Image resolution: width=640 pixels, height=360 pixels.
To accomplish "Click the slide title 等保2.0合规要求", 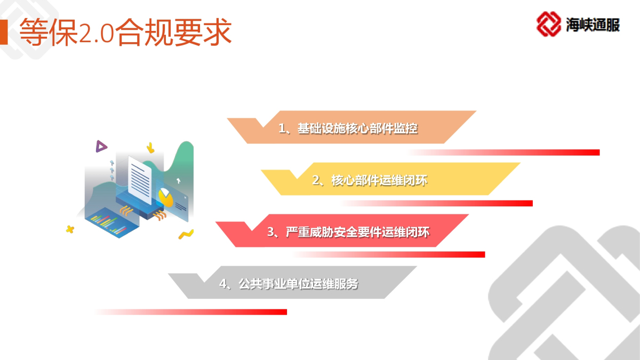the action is (x=125, y=32).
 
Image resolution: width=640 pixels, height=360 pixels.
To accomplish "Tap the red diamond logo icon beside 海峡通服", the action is (x=549, y=24).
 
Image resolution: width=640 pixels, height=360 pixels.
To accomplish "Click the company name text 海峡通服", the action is (x=593, y=25).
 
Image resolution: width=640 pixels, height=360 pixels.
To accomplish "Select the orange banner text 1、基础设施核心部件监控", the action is (x=348, y=129).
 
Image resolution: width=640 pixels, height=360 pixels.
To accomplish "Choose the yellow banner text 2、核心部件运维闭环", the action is (x=370, y=180).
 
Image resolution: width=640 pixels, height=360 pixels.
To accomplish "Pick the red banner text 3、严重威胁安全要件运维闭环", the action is (x=348, y=232).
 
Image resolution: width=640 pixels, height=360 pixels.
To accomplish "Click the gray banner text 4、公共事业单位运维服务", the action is (x=289, y=284).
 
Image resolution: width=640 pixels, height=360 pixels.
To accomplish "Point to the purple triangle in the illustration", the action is (x=101, y=146).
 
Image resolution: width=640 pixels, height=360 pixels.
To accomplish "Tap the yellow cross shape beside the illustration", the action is (x=70, y=229).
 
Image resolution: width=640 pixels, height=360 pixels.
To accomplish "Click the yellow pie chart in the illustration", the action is (x=166, y=197).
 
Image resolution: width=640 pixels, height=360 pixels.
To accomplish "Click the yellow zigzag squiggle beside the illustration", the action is (x=186, y=234).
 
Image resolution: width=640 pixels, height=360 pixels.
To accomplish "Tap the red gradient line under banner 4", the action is (x=191, y=312).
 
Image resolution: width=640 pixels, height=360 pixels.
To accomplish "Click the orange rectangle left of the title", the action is (x=4, y=32).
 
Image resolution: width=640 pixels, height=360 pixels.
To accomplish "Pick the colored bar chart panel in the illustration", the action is (x=111, y=223).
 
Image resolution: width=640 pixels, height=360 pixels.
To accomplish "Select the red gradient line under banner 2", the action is (x=437, y=203).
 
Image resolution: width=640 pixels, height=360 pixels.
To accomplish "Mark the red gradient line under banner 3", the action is (x=389, y=254).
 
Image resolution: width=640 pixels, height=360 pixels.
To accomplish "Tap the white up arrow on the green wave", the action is (x=178, y=181).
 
